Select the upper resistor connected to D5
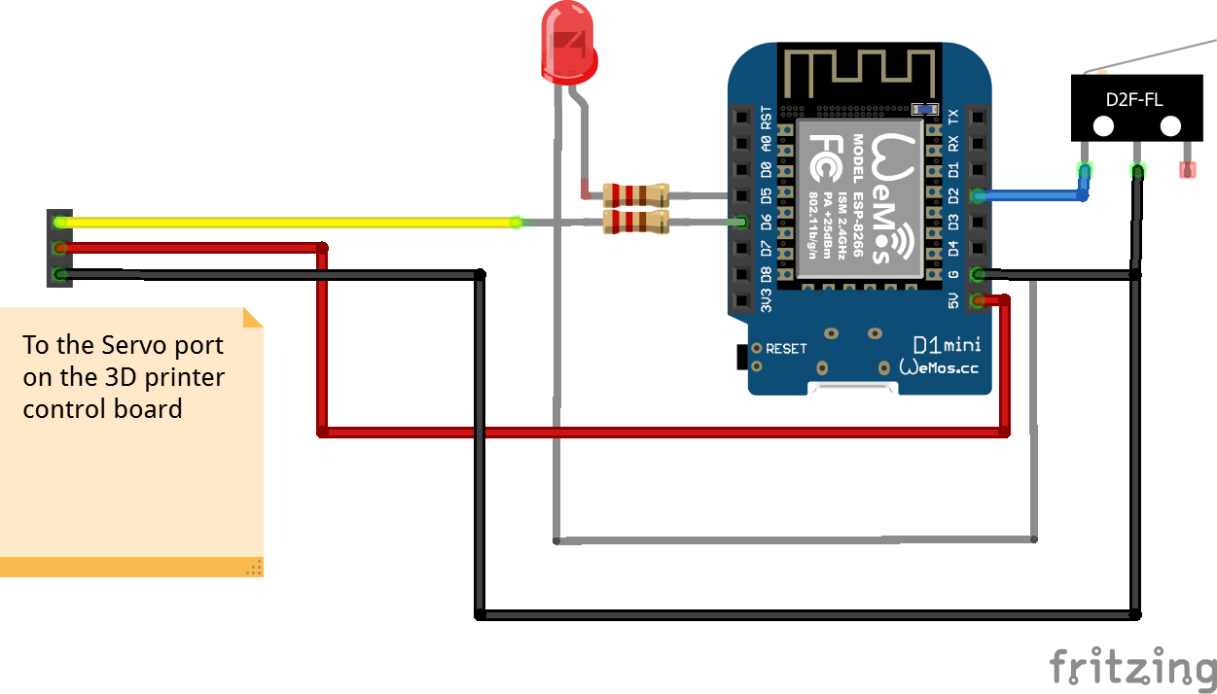click(x=636, y=193)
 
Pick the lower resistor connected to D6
click(x=636, y=223)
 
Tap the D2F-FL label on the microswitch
click(x=1134, y=99)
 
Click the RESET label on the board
click(x=786, y=348)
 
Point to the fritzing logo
click(x=1132, y=667)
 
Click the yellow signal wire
click(x=292, y=223)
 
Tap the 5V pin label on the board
click(x=953, y=301)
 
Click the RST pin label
click(x=767, y=118)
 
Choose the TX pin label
click(x=953, y=117)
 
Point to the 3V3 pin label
click(x=767, y=301)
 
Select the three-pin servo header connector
click(x=60, y=248)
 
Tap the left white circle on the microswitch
click(x=1103, y=126)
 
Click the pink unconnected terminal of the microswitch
click(x=1187, y=170)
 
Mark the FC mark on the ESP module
click(x=823, y=160)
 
